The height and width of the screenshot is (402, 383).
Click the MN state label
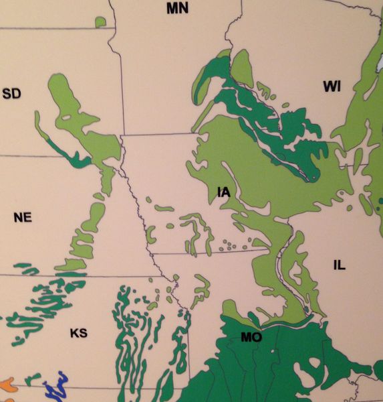click(x=178, y=8)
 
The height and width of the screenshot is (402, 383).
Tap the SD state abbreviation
click(x=11, y=93)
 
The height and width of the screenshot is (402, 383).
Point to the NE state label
click(x=23, y=217)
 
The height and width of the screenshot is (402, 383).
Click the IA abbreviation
click(x=224, y=193)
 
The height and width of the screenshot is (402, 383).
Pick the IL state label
click(x=339, y=266)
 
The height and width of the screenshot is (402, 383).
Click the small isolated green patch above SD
click(x=100, y=22)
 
